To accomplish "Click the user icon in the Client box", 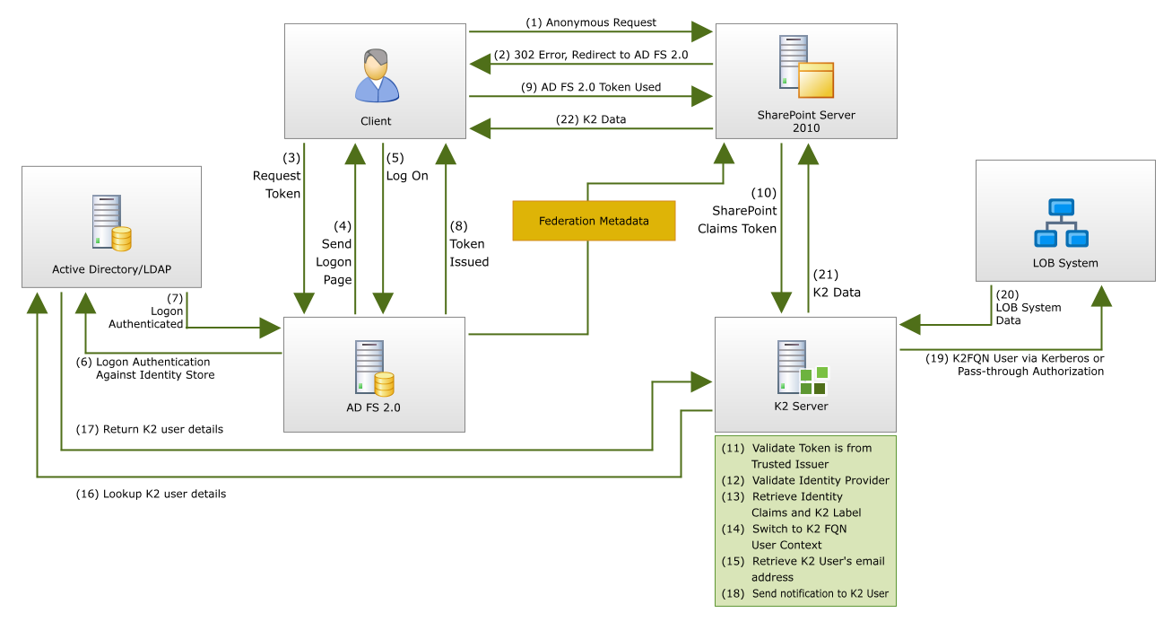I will coord(377,76).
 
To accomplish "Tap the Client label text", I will coord(376,121).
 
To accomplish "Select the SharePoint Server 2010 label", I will coord(806,121).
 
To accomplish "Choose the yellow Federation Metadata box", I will coord(594,221).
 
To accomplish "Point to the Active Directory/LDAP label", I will coord(111,269).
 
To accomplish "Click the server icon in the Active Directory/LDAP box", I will coord(111,223).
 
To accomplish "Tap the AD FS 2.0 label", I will coord(374,407).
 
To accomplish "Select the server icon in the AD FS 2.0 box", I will coord(374,369).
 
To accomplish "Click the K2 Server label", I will coord(801,407).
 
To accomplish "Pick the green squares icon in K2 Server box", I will coord(813,381).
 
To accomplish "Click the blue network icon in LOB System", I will coord(1061,223).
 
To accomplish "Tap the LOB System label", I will coord(1065,264).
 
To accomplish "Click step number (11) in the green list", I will coord(734,448).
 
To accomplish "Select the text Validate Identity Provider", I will coord(820,480).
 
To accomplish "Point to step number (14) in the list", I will coord(734,529).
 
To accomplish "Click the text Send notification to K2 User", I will coord(820,593).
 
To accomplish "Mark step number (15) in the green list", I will coord(734,561).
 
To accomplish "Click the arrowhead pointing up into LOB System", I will coord(1102,295).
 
